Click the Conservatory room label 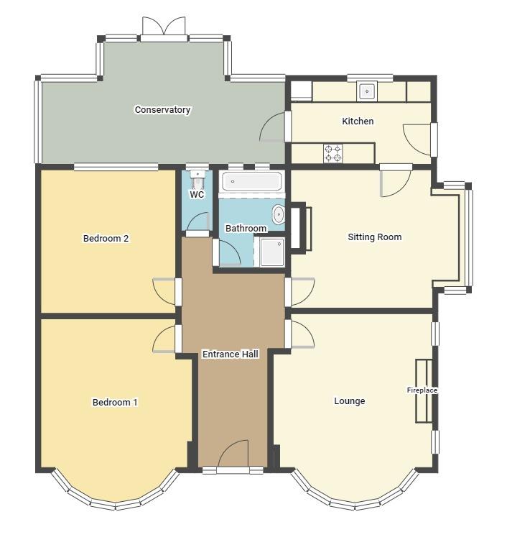coord(162,110)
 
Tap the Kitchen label coord(358,122)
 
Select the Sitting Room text coord(375,237)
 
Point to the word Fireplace coord(422,390)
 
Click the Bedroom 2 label coord(106,239)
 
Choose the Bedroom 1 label coord(115,403)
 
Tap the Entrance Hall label coord(231,354)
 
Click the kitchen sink coord(367,91)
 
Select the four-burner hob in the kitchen coord(333,154)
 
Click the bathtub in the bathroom coord(252,181)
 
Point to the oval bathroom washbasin coord(278,214)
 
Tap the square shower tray coord(272,252)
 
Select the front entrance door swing coord(233,453)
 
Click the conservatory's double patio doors coord(164,27)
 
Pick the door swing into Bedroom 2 coord(164,292)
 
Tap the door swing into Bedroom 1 coord(164,339)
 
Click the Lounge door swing coord(303,334)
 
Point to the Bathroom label coord(246,229)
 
